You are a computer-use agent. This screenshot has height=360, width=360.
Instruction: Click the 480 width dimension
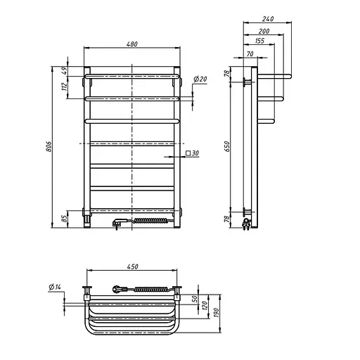pos(132,44)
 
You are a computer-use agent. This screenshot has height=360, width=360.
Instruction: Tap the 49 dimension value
pos(63,71)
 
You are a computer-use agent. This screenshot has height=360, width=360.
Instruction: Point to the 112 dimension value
pos(63,87)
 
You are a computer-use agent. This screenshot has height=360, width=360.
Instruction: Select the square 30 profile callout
pos(192,153)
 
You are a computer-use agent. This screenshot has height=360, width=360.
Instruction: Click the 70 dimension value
pos(250,54)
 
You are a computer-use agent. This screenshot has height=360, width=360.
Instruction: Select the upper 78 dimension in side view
pos(227,74)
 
